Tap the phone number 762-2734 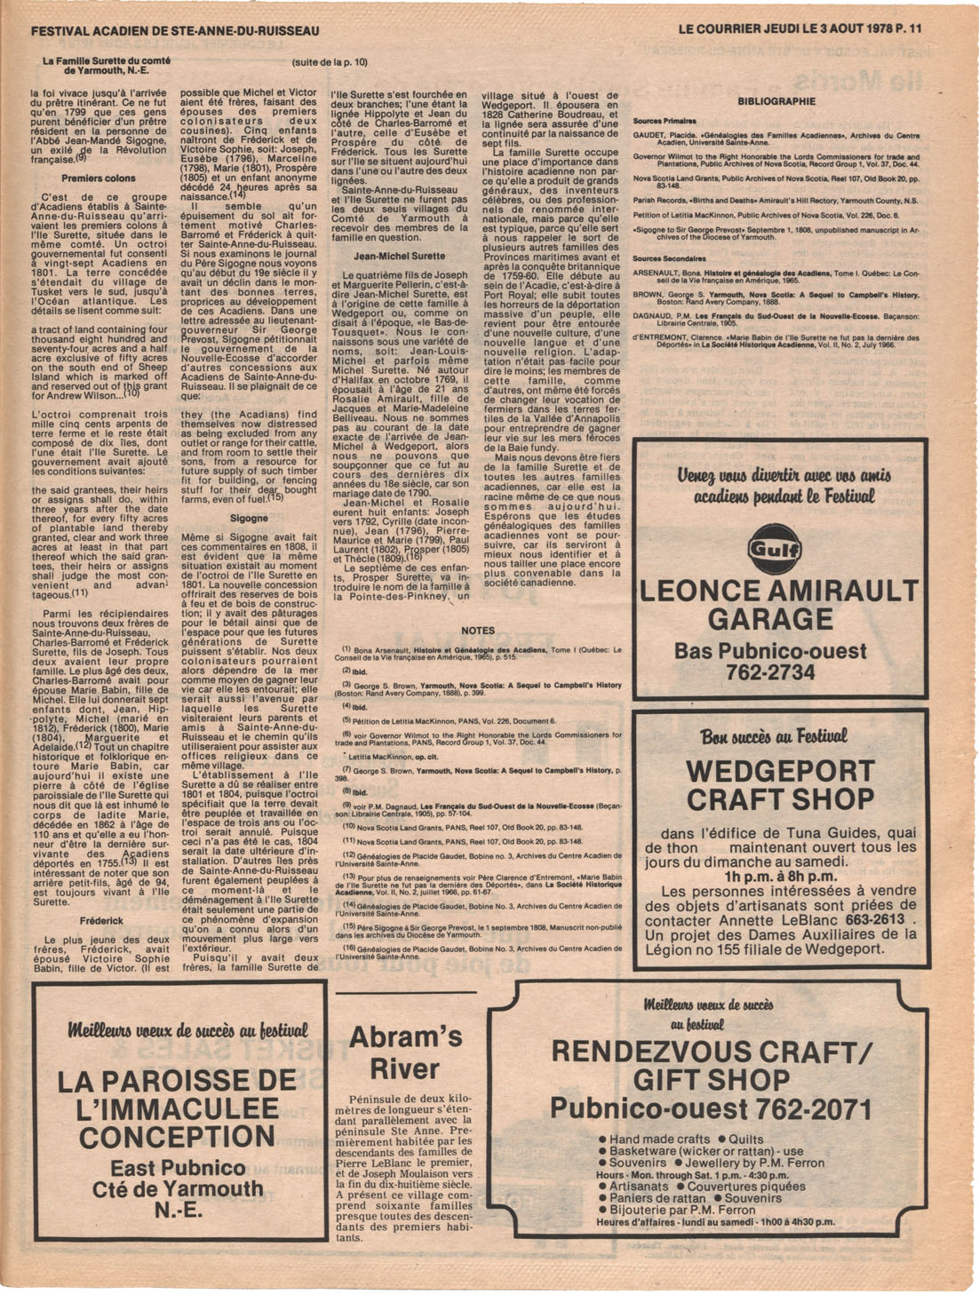[770, 672]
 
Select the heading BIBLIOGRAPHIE [776, 101]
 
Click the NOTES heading [478, 631]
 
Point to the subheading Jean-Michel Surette [399, 256]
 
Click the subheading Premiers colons [99, 179]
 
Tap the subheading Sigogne [249, 518]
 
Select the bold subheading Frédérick [100, 921]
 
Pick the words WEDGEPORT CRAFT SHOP [780, 784]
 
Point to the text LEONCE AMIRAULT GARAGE [779, 604]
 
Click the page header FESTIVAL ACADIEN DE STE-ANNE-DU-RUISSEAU [175, 31]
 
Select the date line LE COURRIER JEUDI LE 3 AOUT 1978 [786, 28]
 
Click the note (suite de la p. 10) [329, 62]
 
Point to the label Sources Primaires [665, 121]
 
